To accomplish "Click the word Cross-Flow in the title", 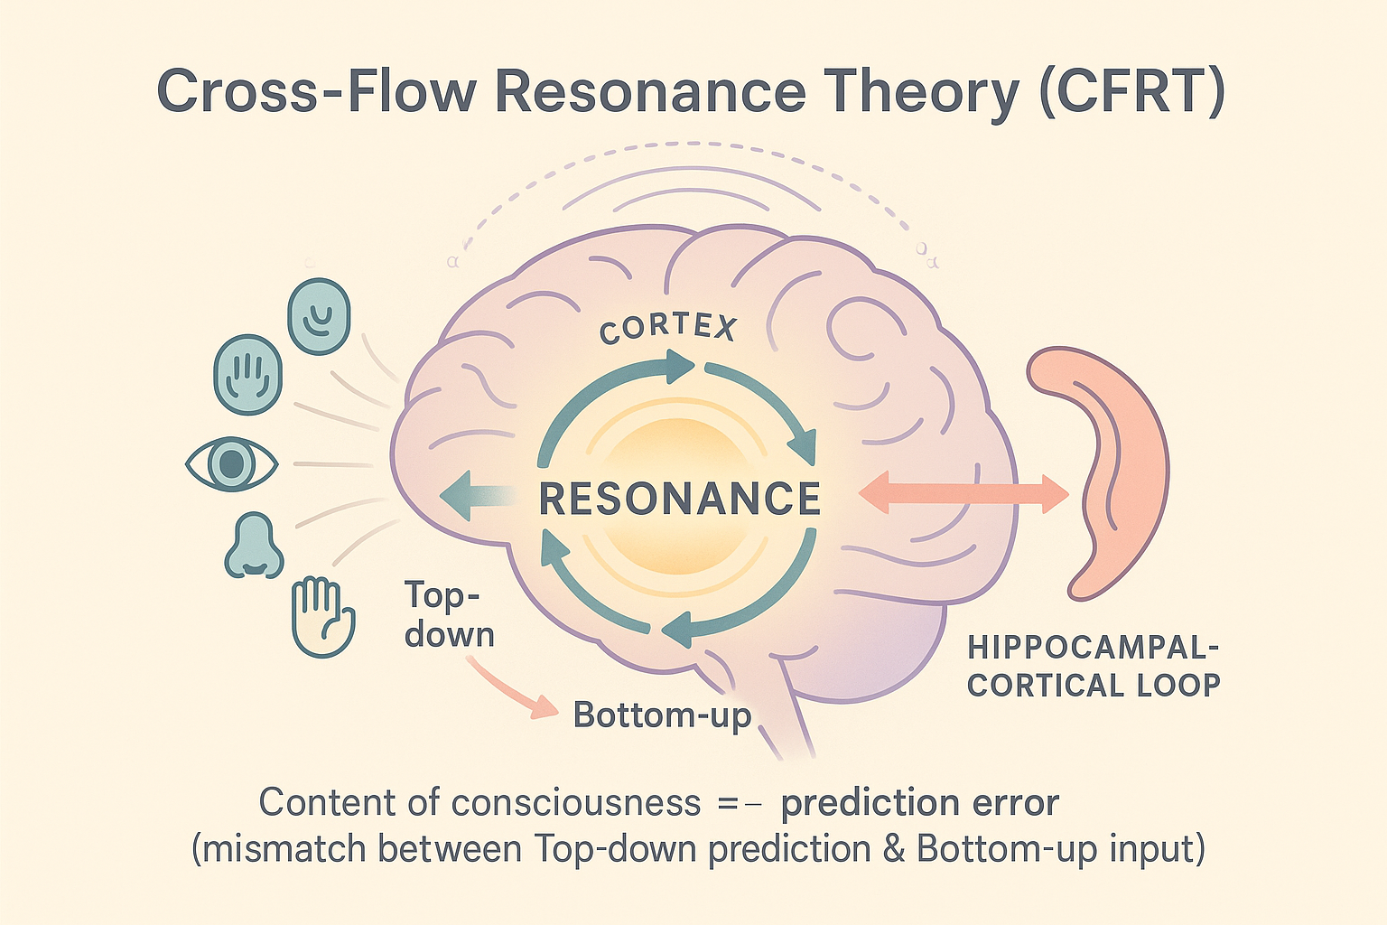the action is pos(316,90).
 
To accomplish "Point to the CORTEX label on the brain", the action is pos(668,329).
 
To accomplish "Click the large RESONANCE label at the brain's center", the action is pos(680,499).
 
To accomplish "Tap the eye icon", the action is pos(232,463).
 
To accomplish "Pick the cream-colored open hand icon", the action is pos(322,616).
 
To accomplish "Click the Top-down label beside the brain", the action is pos(448,615).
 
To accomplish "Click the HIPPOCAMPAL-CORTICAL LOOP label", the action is pos(1094,667).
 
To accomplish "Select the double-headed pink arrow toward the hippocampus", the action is pos(964,494).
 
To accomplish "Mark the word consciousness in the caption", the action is pos(575,803).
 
